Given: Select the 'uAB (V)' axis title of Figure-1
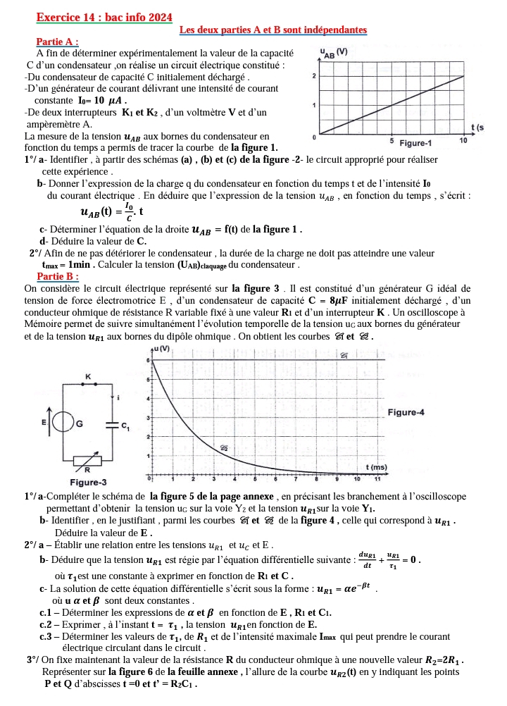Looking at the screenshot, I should pyautogui.click(x=333, y=52).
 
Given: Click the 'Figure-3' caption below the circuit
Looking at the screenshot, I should pyautogui.click(x=88, y=482).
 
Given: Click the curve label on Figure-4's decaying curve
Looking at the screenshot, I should pyautogui.click(x=224, y=447).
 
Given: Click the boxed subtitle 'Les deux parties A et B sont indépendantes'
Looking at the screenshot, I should pyautogui.click(x=273, y=30).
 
